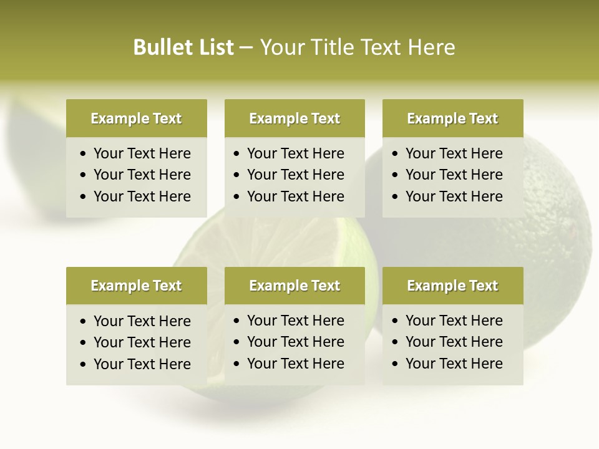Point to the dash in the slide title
[x=246, y=48]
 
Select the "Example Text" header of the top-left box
[x=136, y=118]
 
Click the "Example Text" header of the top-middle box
[x=295, y=118]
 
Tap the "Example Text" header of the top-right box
[x=452, y=118]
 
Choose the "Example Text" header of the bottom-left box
[x=136, y=286]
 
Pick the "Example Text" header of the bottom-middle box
[x=295, y=286]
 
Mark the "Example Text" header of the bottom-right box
[x=452, y=286]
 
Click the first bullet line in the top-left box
[x=142, y=153]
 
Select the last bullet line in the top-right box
[x=454, y=196]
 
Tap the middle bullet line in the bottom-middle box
[x=295, y=342]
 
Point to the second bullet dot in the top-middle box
[x=236, y=175]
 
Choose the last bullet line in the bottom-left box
[x=142, y=364]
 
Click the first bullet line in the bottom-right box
[x=454, y=321]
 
